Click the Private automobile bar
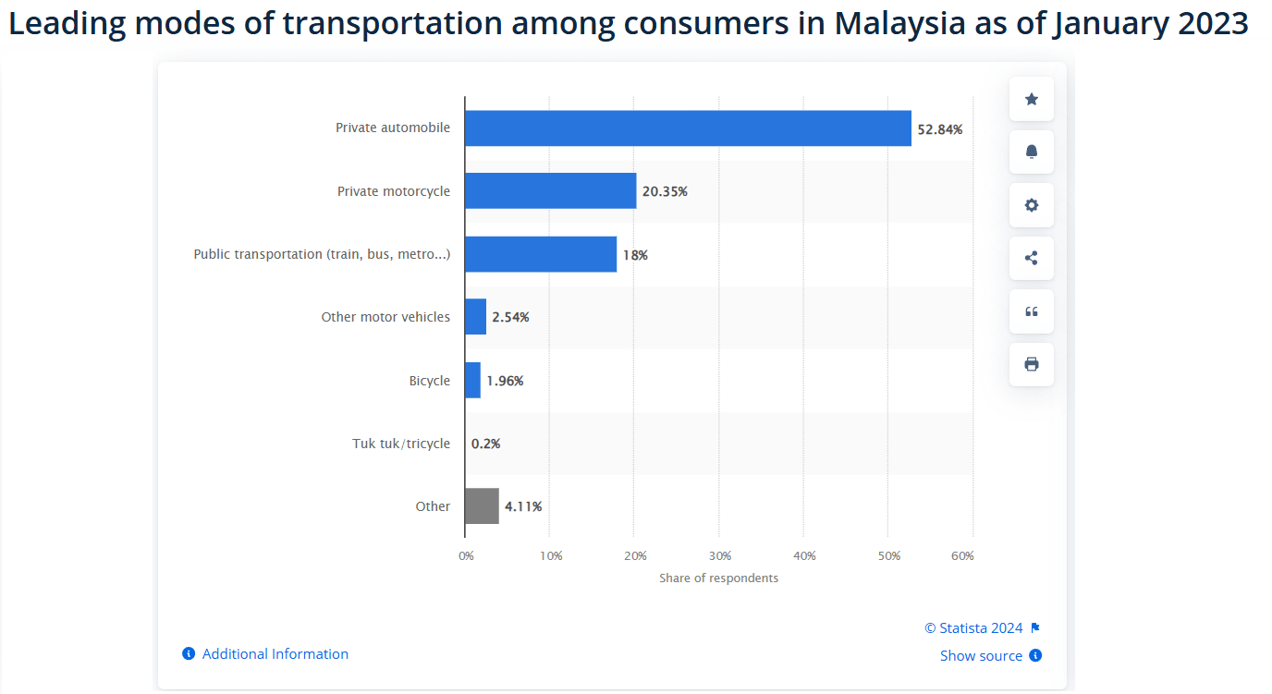click(x=688, y=128)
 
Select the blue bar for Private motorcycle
click(x=550, y=191)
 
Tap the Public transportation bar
click(x=540, y=254)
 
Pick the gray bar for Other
click(x=482, y=506)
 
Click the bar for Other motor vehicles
click(x=475, y=317)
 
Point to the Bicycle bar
click(x=472, y=381)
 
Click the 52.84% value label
click(x=939, y=129)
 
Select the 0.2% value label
click(x=485, y=444)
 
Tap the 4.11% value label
click(x=523, y=506)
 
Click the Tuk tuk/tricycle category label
click(x=401, y=444)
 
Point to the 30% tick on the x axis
click(x=719, y=556)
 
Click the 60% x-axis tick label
click(x=962, y=556)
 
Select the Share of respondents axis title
click(x=718, y=578)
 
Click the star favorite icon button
click(x=1032, y=99)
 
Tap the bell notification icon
click(x=1032, y=152)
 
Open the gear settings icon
click(x=1032, y=205)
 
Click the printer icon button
click(x=1032, y=364)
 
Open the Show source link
click(x=981, y=656)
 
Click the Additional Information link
click(x=275, y=654)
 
